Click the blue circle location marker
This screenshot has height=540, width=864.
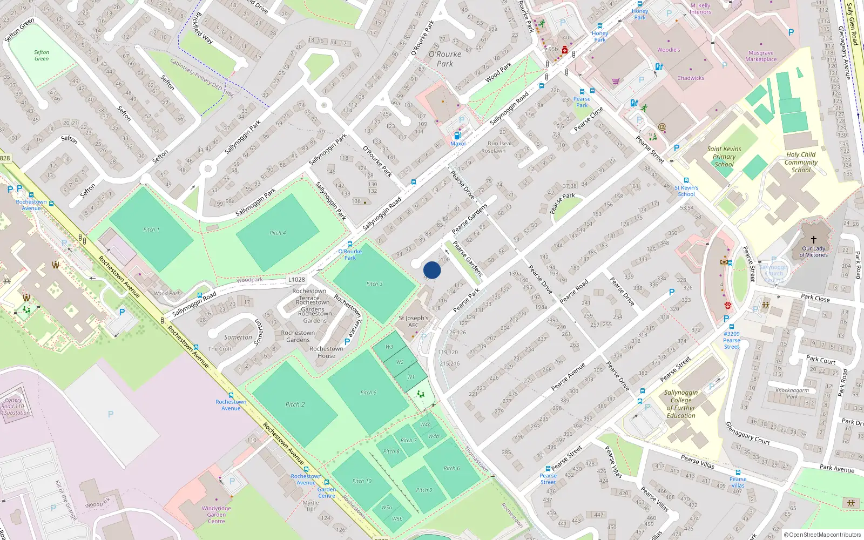(432, 270)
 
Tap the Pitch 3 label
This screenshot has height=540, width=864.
(374, 283)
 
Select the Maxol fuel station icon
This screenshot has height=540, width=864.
(457, 136)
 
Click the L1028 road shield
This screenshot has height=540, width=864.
(296, 279)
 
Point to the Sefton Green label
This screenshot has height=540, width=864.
(42, 56)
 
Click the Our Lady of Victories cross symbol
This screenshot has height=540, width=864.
(813, 239)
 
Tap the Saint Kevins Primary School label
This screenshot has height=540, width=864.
(724, 157)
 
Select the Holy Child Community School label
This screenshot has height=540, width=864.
(801, 162)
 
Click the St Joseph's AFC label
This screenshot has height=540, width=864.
(413, 321)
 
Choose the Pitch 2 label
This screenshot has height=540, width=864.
(295, 404)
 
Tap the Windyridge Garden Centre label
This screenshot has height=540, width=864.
(216, 515)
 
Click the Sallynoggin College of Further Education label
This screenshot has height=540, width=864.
(681, 404)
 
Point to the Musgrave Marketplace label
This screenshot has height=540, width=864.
(761, 56)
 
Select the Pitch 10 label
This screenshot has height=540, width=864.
(362, 481)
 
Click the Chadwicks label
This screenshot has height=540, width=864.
(691, 78)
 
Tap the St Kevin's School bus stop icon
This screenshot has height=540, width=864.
(686, 180)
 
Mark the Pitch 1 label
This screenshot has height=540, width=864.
(151, 230)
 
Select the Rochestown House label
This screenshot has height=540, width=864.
(326, 352)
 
